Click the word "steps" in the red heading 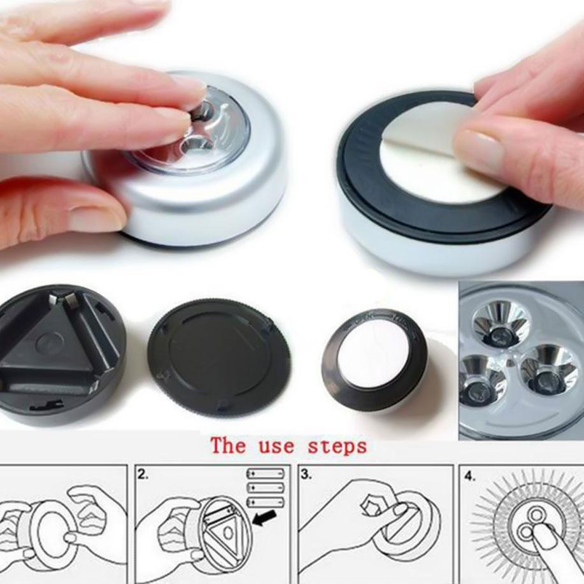click(337, 446)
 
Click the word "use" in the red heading click(276, 446)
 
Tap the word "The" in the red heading click(228, 445)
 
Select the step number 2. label click(143, 474)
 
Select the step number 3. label click(306, 474)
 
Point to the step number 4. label click(470, 476)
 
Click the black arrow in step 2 click(264, 518)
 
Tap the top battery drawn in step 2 click(266, 474)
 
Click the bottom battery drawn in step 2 click(266, 502)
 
